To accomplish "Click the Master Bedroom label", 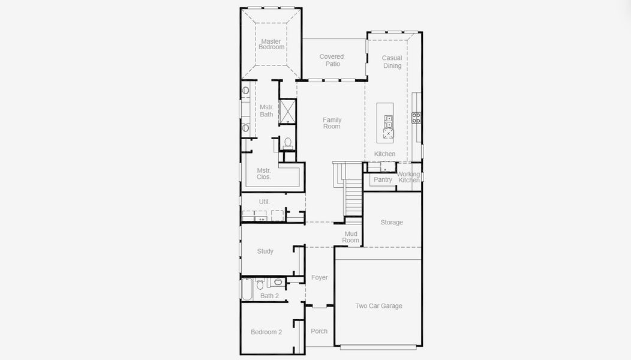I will pyautogui.click(x=271, y=44).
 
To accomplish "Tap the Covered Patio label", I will pyautogui.click(x=332, y=60).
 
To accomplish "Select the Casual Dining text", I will pyautogui.click(x=392, y=62).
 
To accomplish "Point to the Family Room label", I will pyautogui.click(x=332, y=123).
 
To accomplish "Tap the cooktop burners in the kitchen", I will pyautogui.click(x=416, y=118).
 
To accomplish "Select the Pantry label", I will pyautogui.click(x=383, y=179).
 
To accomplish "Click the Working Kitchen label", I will pyautogui.click(x=409, y=177).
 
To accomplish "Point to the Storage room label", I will pyautogui.click(x=392, y=222).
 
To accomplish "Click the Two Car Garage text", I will pyautogui.click(x=378, y=306).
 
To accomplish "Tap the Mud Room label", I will pyautogui.click(x=351, y=237).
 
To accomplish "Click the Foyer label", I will pyautogui.click(x=319, y=277).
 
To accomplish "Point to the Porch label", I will pyautogui.click(x=319, y=331).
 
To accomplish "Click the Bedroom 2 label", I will pyautogui.click(x=266, y=332).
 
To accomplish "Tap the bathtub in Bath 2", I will pyautogui.click(x=247, y=289).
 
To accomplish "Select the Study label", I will pyautogui.click(x=265, y=251).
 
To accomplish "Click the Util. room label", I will pyautogui.click(x=264, y=202).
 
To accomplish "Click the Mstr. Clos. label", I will pyautogui.click(x=264, y=173).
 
